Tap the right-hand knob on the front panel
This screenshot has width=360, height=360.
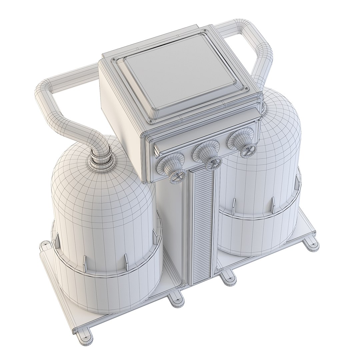coord(241,142)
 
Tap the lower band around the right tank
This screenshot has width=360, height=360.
coord(253,233)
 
